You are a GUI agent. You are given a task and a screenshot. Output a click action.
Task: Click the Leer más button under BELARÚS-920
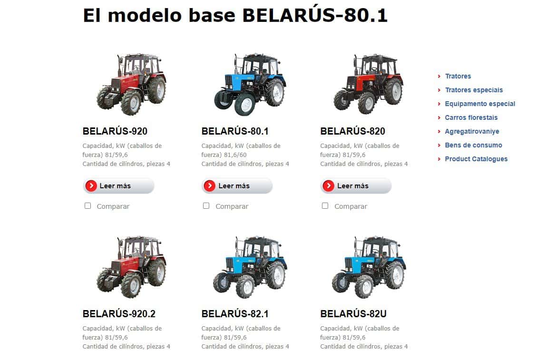coord(118,186)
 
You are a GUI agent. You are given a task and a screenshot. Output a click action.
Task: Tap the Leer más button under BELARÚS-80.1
coord(237,186)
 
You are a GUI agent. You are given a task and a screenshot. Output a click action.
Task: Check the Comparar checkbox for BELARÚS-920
coord(88,206)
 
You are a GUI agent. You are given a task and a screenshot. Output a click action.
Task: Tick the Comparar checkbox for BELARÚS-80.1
coord(206,206)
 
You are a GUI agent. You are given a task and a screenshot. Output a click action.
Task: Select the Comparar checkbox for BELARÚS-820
coord(325,206)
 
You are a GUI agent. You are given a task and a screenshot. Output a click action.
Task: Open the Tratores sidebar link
coord(458,76)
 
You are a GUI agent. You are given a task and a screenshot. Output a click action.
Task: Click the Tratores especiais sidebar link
coord(474,90)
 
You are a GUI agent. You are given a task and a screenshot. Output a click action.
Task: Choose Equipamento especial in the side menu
coord(480,104)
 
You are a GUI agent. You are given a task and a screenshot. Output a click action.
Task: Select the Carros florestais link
coord(471,117)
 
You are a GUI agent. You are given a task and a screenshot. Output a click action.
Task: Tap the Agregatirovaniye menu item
coord(472,131)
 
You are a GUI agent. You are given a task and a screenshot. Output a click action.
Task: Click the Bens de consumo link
coord(473,145)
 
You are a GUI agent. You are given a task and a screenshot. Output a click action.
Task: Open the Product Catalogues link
coord(476,159)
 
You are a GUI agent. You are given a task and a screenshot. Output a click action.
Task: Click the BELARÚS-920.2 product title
coord(119,314)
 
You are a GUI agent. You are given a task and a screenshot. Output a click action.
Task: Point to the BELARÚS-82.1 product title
coord(235,314)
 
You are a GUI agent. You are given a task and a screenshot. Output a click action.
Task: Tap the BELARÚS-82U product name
coord(353,314)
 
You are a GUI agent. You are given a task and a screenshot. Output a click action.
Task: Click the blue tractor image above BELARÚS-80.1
coord(250,85)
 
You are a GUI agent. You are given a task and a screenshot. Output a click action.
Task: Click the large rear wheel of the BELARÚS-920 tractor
coord(157,90)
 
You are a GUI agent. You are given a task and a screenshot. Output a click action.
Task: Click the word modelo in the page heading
coord(145,15)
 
